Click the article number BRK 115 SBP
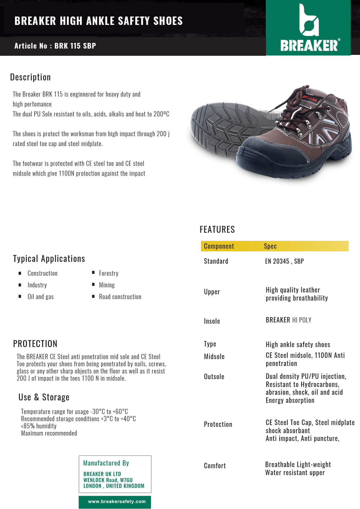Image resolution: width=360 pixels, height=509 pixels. click(x=75, y=46)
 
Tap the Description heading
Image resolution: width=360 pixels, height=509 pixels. click(x=30, y=77)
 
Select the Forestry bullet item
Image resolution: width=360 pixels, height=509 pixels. click(x=109, y=273)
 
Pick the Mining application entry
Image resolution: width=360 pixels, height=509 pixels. click(x=107, y=285)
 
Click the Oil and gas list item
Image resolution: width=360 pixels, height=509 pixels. click(x=40, y=297)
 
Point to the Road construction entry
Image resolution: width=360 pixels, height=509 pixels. click(x=120, y=297)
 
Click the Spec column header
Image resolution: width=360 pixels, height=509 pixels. click(x=270, y=246)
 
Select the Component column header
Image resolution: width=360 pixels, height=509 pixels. click(x=219, y=246)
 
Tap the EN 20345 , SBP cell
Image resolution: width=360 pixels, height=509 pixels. click(x=284, y=261)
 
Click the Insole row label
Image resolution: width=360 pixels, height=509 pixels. click(x=212, y=321)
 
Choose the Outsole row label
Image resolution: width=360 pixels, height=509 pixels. click(x=214, y=377)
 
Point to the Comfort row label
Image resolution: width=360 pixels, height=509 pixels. click(x=215, y=466)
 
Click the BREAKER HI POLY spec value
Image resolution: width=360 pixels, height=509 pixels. click(x=288, y=320)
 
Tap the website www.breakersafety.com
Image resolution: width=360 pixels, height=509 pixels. click(x=117, y=502)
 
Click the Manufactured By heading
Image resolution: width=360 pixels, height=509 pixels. click(x=106, y=463)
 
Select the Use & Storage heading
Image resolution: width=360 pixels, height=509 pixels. click(x=44, y=397)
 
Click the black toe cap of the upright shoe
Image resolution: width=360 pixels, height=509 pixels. click(x=258, y=156)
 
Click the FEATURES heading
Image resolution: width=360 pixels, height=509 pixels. click(x=217, y=229)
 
